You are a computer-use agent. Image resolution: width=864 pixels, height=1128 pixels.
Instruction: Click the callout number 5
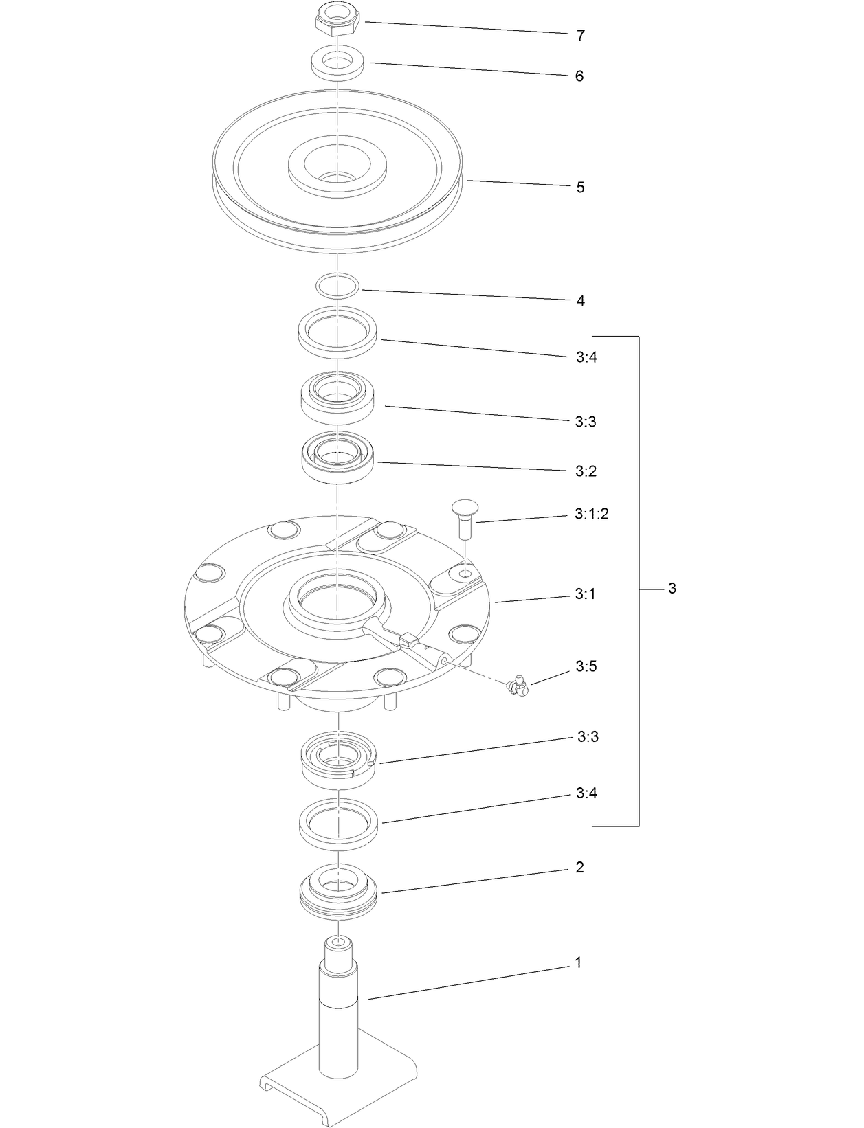pyautogui.click(x=580, y=188)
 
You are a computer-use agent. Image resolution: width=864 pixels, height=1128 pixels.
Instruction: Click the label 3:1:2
pyautogui.click(x=591, y=515)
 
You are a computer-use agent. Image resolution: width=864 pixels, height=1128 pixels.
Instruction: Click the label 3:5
pyautogui.click(x=586, y=666)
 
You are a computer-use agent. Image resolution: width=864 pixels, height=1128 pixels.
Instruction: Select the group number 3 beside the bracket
pyautogui.click(x=672, y=589)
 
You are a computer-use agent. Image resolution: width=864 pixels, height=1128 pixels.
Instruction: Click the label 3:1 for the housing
pyautogui.click(x=585, y=594)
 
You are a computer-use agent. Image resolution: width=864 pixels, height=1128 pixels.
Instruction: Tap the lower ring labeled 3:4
pyautogui.click(x=338, y=820)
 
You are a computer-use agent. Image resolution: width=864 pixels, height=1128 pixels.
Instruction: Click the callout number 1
pyautogui.click(x=578, y=963)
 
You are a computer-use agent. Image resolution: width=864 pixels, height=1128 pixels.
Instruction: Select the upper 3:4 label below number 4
pyautogui.click(x=586, y=357)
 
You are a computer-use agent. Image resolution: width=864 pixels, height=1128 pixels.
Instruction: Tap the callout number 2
pyautogui.click(x=579, y=868)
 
